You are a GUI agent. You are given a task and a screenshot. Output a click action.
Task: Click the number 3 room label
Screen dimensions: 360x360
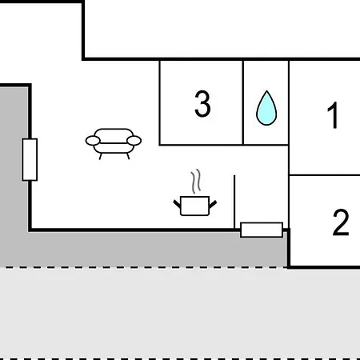point(202,104)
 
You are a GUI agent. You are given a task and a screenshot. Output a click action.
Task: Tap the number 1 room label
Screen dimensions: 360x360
point(334,115)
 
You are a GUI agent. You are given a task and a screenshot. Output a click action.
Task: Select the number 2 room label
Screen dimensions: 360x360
point(341,222)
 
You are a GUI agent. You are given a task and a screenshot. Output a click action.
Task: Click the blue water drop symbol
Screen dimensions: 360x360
point(266,108)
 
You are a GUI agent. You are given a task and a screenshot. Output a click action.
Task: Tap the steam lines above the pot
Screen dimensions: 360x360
point(196,181)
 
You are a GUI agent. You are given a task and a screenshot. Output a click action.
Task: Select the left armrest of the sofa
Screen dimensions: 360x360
point(93,141)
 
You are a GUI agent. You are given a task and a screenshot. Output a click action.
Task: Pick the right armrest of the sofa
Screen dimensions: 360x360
point(134,141)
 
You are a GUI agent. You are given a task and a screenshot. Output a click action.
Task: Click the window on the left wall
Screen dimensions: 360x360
point(30,159)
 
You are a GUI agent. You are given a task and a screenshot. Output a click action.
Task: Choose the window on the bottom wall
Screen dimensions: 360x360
point(262,230)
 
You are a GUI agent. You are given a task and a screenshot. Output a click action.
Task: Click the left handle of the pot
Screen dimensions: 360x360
point(177,204)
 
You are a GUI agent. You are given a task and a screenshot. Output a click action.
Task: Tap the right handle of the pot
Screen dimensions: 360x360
point(213,204)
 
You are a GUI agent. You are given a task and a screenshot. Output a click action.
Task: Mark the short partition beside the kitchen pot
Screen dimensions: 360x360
point(234,202)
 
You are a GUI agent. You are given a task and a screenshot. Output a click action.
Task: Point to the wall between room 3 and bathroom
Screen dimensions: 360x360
point(243,102)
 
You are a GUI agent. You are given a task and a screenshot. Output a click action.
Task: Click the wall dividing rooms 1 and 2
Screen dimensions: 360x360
point(325,175)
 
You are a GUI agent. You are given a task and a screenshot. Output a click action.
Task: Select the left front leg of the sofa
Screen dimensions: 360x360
point(101,156)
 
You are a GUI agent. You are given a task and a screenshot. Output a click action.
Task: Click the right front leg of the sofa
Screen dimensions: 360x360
point(128,156)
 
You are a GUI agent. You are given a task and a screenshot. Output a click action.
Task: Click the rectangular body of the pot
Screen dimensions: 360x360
point(194,206)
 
